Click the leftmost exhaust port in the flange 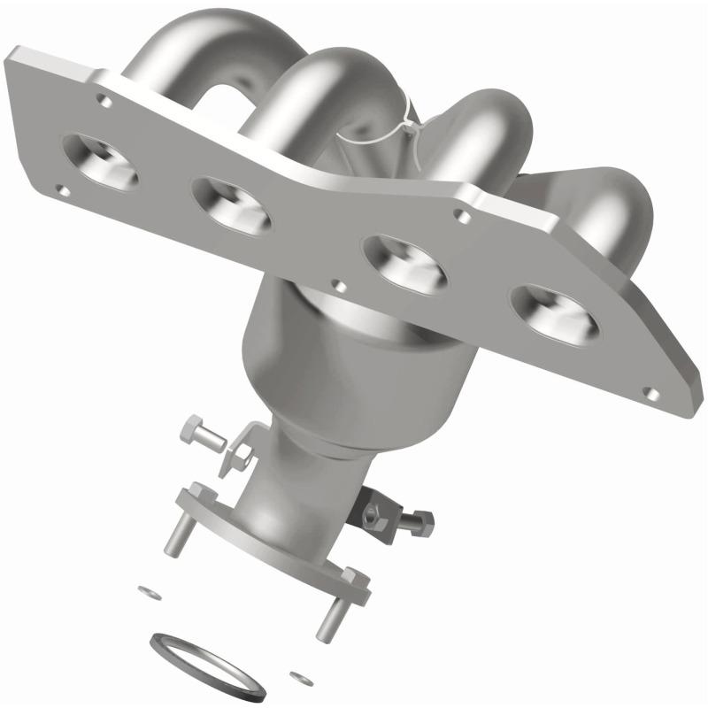pos(102,161)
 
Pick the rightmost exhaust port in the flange pos(555,312)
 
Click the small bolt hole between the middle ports pos(335,286)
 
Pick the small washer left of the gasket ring pos(144,589)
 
